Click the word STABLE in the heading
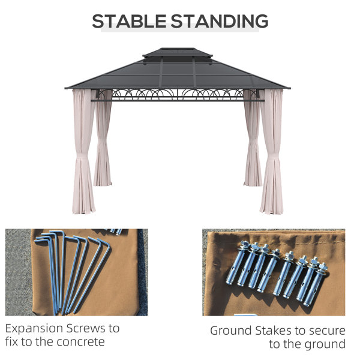[129, 21]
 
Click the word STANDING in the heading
[219, 21]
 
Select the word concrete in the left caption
[80, 342]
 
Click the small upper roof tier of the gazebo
[178, 53]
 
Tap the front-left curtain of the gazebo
[83, 152]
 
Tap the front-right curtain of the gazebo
[272, 152]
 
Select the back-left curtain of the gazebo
[103, 138]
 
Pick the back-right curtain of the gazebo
[253, 138]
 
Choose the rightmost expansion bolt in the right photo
[316, 284]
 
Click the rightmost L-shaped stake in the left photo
[92, 275]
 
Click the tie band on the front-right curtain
[273, 157]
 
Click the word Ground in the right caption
[231, 331]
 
